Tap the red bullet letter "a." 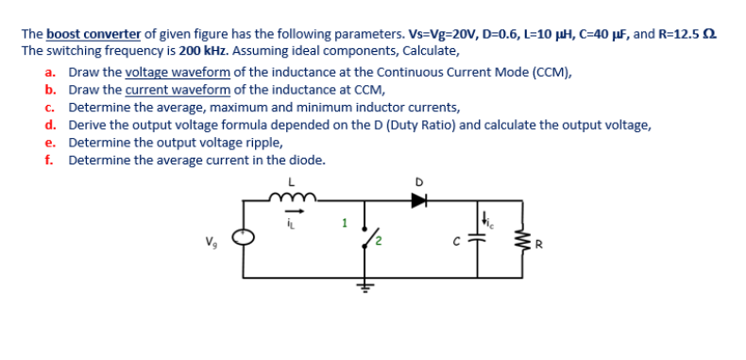coord(50,72)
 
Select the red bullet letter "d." coord(50,125)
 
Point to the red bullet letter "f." coord(49,160)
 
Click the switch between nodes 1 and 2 coord(369,240)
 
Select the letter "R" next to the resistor coord(539,251)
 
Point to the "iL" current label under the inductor coord(290,223)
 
